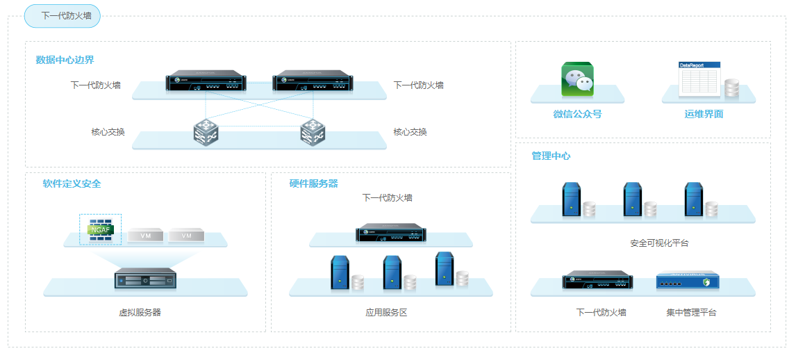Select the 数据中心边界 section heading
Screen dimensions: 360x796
tap(65, 60)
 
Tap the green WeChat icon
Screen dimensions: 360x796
tap(577, 79)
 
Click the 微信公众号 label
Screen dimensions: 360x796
tap(577, 113)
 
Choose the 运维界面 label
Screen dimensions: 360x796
tap(704, 113)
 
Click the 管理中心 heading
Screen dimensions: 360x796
tap(551, 156)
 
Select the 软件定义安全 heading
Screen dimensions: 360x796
tap(72, 183)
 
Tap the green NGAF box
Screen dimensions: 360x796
tap(101, 229)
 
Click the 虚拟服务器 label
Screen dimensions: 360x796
tap(140, 312)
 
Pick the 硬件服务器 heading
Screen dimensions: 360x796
tap(313, 183)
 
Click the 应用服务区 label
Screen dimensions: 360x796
tap(386, 312)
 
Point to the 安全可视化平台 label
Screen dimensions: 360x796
tap(659, 243)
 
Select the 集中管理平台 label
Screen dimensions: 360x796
tap(691, 312)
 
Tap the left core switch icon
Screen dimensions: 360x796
tap(206, 132)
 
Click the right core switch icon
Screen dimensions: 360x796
tap(313, 132)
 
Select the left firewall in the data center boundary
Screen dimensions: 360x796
tap(206, 82)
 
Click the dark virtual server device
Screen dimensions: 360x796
tap(146, 279)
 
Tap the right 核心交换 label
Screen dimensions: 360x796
tap(410, 132)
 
